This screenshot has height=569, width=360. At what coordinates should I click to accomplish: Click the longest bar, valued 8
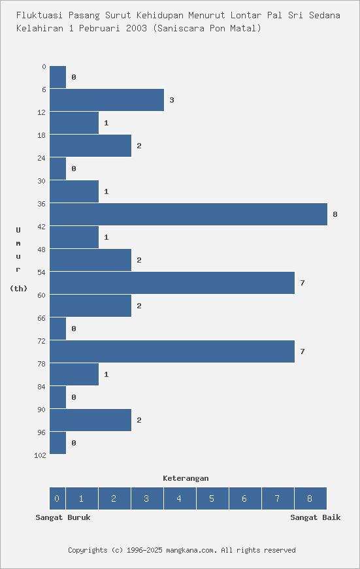(x=188, y=214)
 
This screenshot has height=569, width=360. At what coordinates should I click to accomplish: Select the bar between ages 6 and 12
(x=106, y=100)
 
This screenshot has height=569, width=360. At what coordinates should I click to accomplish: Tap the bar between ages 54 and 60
(x=172, y=283)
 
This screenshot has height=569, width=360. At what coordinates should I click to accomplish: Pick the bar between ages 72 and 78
(x=172, y=351)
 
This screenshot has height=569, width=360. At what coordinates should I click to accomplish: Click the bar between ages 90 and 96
(x=90, y=420)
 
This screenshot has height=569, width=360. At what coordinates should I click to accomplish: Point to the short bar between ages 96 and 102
(x=57, y=443)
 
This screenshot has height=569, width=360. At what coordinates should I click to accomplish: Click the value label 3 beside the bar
(x=171, y=100)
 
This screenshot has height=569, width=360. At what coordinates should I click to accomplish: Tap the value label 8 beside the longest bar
(x=335, y=214)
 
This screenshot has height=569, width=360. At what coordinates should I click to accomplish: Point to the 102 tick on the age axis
(x=40, y=455)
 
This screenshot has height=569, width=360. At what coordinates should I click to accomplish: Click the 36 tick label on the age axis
(x=42, y=204)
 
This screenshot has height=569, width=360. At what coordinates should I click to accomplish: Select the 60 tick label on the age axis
(x=42, y=295)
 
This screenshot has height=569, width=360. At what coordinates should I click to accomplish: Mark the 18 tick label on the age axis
(x=42, y=135)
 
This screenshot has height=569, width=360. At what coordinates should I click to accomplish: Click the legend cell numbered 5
(x=212, y=498)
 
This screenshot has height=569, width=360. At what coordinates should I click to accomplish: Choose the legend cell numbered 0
(x=57, y=498)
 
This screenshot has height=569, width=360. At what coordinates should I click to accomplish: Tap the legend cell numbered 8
(x=310, y=498)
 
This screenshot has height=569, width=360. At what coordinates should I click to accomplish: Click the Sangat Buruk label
(x=63, y=517)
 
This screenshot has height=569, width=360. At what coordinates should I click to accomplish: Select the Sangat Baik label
(x=316, y=517)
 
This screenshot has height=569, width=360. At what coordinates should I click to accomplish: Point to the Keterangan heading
(x=186, y=478)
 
